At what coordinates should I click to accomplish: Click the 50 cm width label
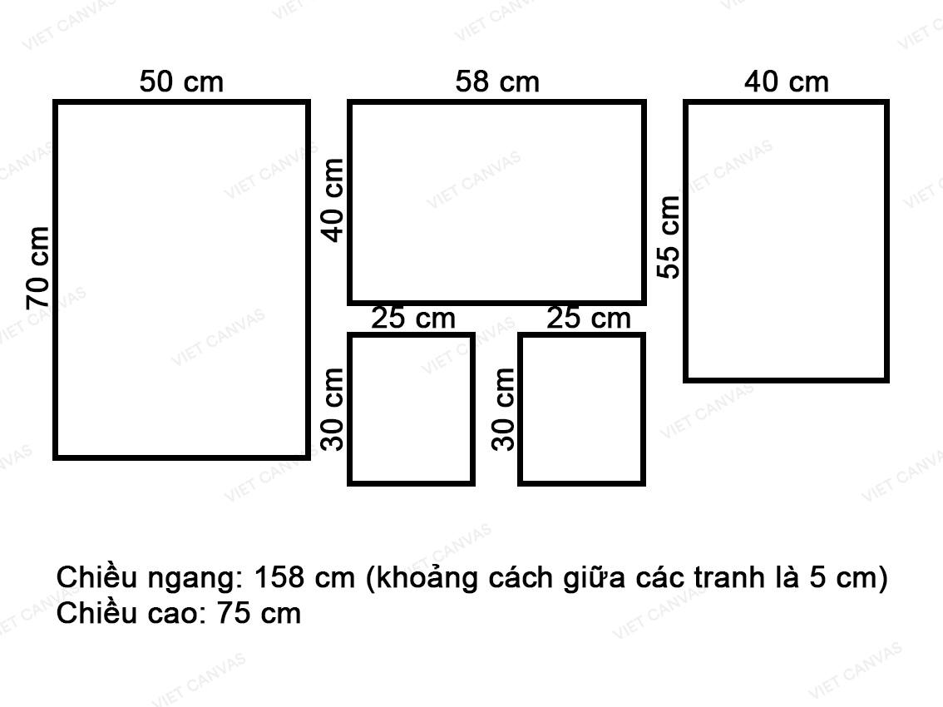tap(181, 82)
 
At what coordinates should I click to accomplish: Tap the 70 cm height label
tap(37, 269)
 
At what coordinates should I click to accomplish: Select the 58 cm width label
tap(497, 82)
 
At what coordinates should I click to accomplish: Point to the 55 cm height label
tap(668, 237)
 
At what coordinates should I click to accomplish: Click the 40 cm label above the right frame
tap(787, 82)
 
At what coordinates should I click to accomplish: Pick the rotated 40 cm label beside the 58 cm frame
tap(333, 200)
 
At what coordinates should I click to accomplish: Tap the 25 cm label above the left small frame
tap(413, 319)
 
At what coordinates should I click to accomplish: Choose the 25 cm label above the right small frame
tap(589, 319)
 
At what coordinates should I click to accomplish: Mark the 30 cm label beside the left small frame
tap(332, 410)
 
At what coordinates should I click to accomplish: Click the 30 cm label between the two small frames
tap(503, 410)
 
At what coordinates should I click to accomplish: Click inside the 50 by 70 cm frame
tap(181, 280)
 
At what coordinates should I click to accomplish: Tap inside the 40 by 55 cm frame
tap(786, 241)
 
